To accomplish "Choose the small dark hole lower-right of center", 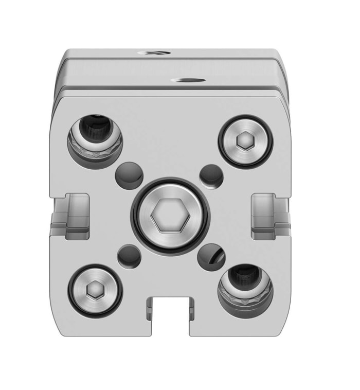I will point(211,255).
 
